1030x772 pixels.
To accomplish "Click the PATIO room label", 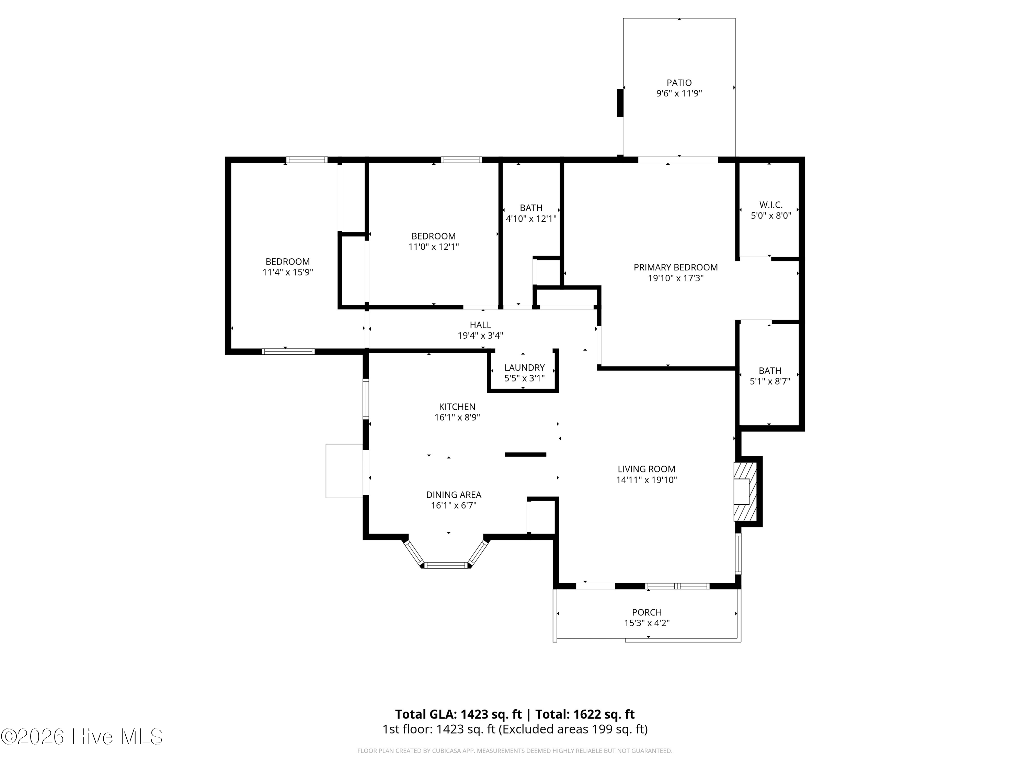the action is [x=679, y=83].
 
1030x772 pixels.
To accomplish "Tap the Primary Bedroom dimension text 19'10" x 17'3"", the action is [x=676, y=278].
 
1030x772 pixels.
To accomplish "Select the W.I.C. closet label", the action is [x=771, y=205].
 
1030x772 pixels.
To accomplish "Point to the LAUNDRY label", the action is [x=524, y=367].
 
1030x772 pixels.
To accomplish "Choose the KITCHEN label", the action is [x=457, y=407].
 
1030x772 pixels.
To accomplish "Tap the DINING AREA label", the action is [x=454, y=495].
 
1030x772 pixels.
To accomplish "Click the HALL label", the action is [x=480, y=325].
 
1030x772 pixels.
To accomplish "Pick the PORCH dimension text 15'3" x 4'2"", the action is [x=647, y=623].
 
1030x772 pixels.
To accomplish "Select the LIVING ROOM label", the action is [x=646, y=469].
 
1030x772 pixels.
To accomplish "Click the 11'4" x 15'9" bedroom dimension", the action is [x=288, y=272].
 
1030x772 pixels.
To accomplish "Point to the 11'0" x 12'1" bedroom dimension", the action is [x=434, y=247].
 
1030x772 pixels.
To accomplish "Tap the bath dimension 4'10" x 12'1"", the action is [x=531, y=218].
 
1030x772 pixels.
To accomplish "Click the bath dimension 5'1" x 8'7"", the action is [x=770, y=382].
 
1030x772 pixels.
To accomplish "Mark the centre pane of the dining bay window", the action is [x=446, y=565].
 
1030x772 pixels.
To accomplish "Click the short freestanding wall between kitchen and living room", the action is [x=525, y=455].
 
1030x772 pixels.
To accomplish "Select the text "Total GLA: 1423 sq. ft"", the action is [x=458, y=714].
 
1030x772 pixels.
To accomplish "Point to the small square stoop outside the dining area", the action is [x=344, y=471].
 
